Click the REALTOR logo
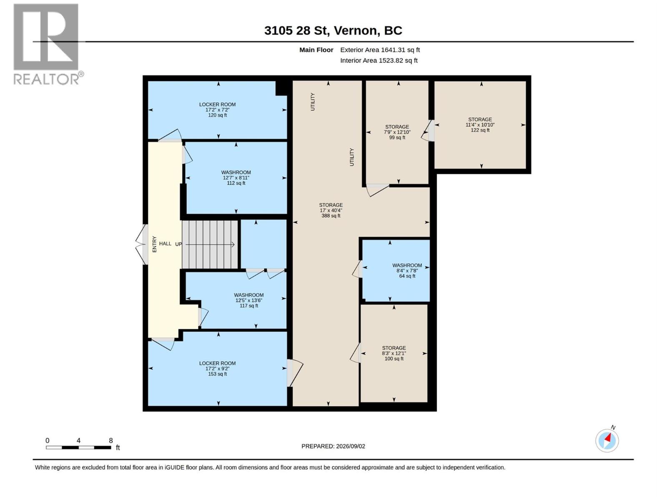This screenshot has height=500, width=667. pyautogui.click(x=48, y=44)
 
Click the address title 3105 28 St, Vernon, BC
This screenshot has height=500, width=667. pyautogui.click(x=333, y=30)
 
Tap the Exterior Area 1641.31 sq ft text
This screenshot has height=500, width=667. pyautogui.click(x=380, y=50)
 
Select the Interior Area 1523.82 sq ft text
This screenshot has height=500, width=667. pyautogui.click(x=379, y=60)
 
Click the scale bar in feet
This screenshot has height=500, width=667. pyautogui.click(x=78, y=447)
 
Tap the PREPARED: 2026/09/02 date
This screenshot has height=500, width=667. pyautogui.click(x=333, y=446)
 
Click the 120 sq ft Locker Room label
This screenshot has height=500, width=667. pyautogui.click(x=217, y=110)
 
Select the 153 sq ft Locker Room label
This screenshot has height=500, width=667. pyautogui.click(x=217, y=368)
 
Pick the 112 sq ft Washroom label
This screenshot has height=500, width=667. pyautogui.click(x=236, y=177)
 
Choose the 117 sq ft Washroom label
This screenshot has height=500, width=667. pyautogui.click(x=248, y=300)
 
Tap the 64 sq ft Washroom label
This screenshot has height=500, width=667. pyautogui.click(x=407, y=270)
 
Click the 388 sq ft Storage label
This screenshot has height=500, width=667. pyautogui.click(x=331, y=210)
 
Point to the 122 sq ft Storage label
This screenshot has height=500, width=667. pyautogui.click(x=480, y=125)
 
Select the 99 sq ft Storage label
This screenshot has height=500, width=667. pyautogui.click(x=397, y=132)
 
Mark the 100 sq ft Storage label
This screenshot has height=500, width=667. pyautogui.click(x=394, y=353)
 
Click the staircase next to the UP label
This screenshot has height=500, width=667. pyautogui.click(x=210, y=245)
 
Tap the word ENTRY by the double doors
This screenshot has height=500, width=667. pyautogui.click(x=154, y=244)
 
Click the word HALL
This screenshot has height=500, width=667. pyautogui.click(x=165, y=243)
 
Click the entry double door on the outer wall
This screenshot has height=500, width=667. pyautogui.click(x=142, y=244)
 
